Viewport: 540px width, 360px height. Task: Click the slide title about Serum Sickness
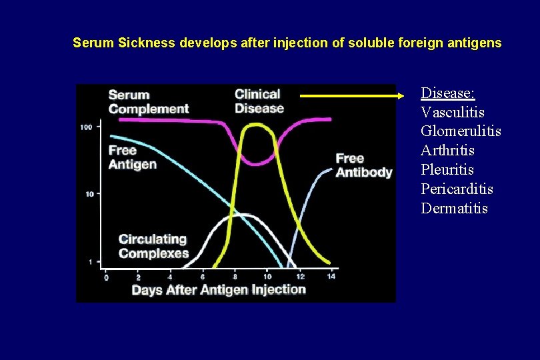287,43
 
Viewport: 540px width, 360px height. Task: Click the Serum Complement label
149,102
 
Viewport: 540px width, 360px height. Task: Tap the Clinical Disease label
259,101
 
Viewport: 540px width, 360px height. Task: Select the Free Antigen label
133,157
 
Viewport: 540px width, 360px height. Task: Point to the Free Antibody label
363,165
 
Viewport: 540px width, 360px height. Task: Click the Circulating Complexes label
153,246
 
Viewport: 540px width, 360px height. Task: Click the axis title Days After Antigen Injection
219,289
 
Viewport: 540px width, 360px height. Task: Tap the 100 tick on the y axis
86,127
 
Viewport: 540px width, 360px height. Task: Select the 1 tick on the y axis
90,262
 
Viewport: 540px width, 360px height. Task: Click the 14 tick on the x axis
331,276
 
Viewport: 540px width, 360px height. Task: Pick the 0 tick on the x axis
105,276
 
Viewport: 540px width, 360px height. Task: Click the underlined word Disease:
447,93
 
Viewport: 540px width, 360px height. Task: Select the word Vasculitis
452,112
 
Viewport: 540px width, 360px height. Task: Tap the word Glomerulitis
461,131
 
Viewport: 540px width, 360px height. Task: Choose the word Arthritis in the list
447,151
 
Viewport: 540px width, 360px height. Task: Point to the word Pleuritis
447,170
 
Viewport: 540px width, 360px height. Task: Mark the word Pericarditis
457,189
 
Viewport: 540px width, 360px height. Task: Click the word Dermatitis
454,209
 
